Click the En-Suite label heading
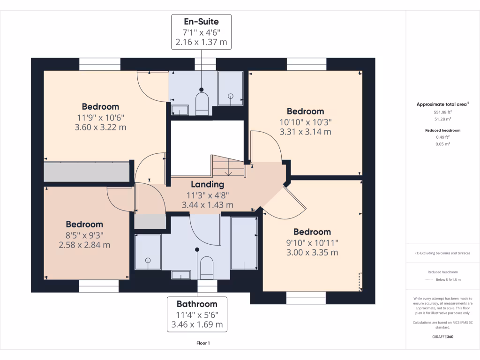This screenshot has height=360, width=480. coord(201,22)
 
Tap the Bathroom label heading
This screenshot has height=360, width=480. coord(197,304)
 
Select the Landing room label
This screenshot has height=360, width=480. coord(208,184)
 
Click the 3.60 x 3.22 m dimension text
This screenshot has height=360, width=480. coord(100,127)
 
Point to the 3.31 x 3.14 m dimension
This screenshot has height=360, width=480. coord(305,132)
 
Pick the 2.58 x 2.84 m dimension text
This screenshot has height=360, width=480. coord(84,245)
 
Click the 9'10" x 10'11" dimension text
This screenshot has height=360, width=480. coord(312,243)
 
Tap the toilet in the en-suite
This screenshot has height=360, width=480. coord(202,104)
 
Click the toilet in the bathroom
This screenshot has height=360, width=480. coord(206,268)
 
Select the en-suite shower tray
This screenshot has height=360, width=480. coord(231,89)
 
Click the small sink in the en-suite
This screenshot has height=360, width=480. coord(180,110)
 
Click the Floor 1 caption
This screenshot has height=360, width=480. coord(203,343)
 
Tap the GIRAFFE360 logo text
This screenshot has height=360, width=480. coord(442,337)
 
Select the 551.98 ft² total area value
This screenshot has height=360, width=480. coord(442,112)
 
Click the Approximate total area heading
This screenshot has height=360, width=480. coord(442,105)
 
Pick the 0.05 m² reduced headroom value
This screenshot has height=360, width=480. coord(442,144)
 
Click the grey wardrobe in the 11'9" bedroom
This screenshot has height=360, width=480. coord(87,172)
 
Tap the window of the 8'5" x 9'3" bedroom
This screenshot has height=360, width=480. coord(98,286)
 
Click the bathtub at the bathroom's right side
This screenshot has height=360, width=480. coord(244,243)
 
